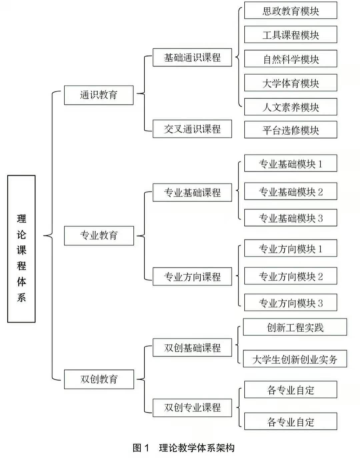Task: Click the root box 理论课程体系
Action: pos(21,249)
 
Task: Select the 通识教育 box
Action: pos(99,95)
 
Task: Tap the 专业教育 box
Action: pos(99,236)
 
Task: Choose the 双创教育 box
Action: pos(99,379)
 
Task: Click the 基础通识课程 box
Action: pos(192,57)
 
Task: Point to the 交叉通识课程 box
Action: pos(192,129)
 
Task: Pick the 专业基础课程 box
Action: pos(192,193)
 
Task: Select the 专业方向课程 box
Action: pos(192,276)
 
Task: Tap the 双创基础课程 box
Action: pos(192,348)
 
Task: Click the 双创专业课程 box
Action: pos(192,408)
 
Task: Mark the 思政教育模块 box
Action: pos(291,11)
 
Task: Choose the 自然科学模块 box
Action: pos(291,59)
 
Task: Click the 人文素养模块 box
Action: pos(291,107)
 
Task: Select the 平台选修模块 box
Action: pos(291,130)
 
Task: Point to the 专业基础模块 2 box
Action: pos(291,192)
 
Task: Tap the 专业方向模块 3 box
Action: pos(291,303)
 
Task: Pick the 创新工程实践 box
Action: pos(295,327)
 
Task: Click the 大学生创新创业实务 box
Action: pos(295,359)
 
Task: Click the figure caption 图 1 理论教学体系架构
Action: pos(184,448)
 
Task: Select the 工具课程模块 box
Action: pos(291,35)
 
